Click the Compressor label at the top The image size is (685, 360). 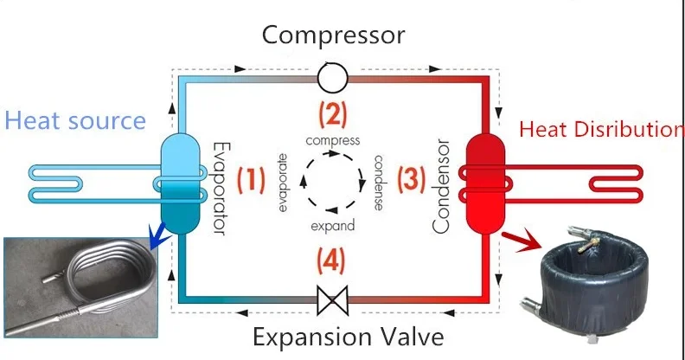333,35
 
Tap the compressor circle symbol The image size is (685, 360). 332,79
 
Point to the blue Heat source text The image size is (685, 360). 75,120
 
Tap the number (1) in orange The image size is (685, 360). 251,180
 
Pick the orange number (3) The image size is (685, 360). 412,180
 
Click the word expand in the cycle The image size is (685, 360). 332,226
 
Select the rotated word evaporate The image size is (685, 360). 283,182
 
